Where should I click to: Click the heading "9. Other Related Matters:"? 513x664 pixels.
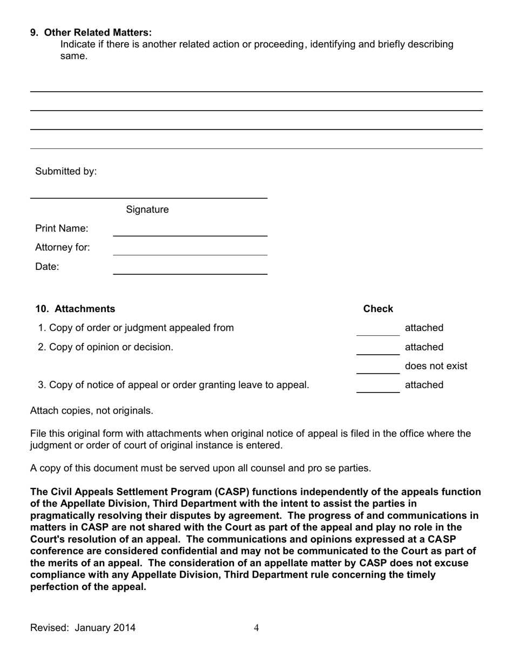tap(91, 32)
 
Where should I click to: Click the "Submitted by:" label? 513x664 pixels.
tap(66, 172)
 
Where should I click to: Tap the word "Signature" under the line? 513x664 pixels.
tap(147, 209)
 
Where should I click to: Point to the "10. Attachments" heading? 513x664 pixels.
tap(75, 309)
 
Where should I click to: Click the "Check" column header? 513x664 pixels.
tap(378, 309)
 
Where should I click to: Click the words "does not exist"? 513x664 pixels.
tap(436, 366)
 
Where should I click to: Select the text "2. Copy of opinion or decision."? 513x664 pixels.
tap(106, 347)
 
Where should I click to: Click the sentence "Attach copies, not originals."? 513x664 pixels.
tap(92, 411)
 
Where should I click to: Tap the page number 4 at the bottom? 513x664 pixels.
tap(256, 628)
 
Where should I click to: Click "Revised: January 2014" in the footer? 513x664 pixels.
tap(83, 628)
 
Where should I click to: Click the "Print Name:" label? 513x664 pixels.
tap(62, 229)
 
